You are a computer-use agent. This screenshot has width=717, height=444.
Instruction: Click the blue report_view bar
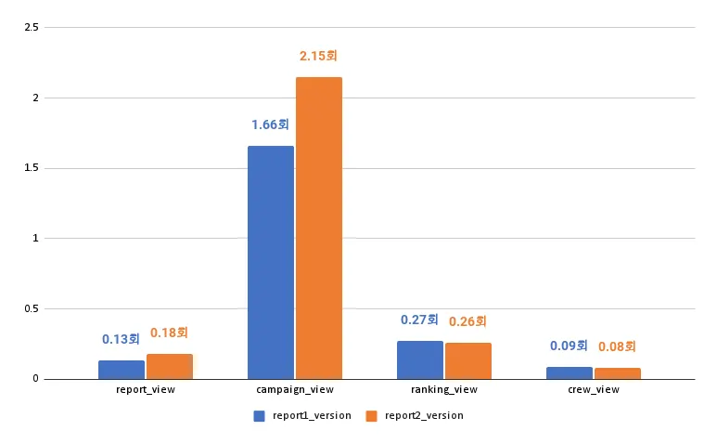[122, 370]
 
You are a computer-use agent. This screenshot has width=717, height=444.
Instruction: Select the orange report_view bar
[170, 367]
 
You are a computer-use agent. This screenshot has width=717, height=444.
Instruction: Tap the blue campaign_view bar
[271, 262]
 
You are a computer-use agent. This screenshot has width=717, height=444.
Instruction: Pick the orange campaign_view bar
[319, 228]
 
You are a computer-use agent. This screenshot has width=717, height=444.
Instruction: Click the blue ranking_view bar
[420, 359]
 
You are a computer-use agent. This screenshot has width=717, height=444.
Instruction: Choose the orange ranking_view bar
[468, 360]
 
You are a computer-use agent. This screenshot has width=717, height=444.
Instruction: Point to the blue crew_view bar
[570, 372]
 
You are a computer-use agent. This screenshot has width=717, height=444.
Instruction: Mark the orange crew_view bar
[618, 373]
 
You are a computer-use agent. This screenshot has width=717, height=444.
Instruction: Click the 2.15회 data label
[318, 57]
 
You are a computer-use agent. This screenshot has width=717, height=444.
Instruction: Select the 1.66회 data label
[271, 124]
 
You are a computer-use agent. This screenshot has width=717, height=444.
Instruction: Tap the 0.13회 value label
[122, 339]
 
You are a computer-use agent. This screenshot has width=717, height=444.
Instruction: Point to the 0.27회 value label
[419, 320]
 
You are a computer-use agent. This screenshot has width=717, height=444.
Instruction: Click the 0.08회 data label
[617, 346]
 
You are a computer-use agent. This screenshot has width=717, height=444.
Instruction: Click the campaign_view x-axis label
[295, 389]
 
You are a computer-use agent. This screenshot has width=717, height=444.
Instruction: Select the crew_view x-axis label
[594, 389]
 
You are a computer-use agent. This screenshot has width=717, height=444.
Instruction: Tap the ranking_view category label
[444, 389]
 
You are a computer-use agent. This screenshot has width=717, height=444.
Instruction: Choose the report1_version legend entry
[302, 415]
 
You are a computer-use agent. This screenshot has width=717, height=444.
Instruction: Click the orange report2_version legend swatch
[372, 415]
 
